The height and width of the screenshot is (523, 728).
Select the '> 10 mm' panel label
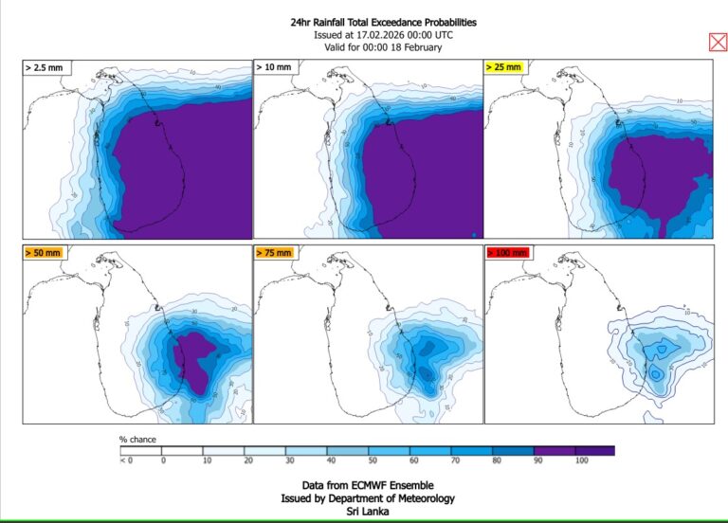coord(275,68)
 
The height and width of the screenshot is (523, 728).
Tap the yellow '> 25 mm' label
coord(504,68)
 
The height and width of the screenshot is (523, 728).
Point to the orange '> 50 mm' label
coord(43,253)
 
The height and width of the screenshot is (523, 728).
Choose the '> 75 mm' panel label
coord(275,253)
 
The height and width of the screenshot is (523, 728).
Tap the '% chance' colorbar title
coord(137,439)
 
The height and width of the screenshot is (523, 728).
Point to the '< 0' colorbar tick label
coord(126,460)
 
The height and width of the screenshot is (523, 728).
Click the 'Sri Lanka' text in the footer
coord(364,512)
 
